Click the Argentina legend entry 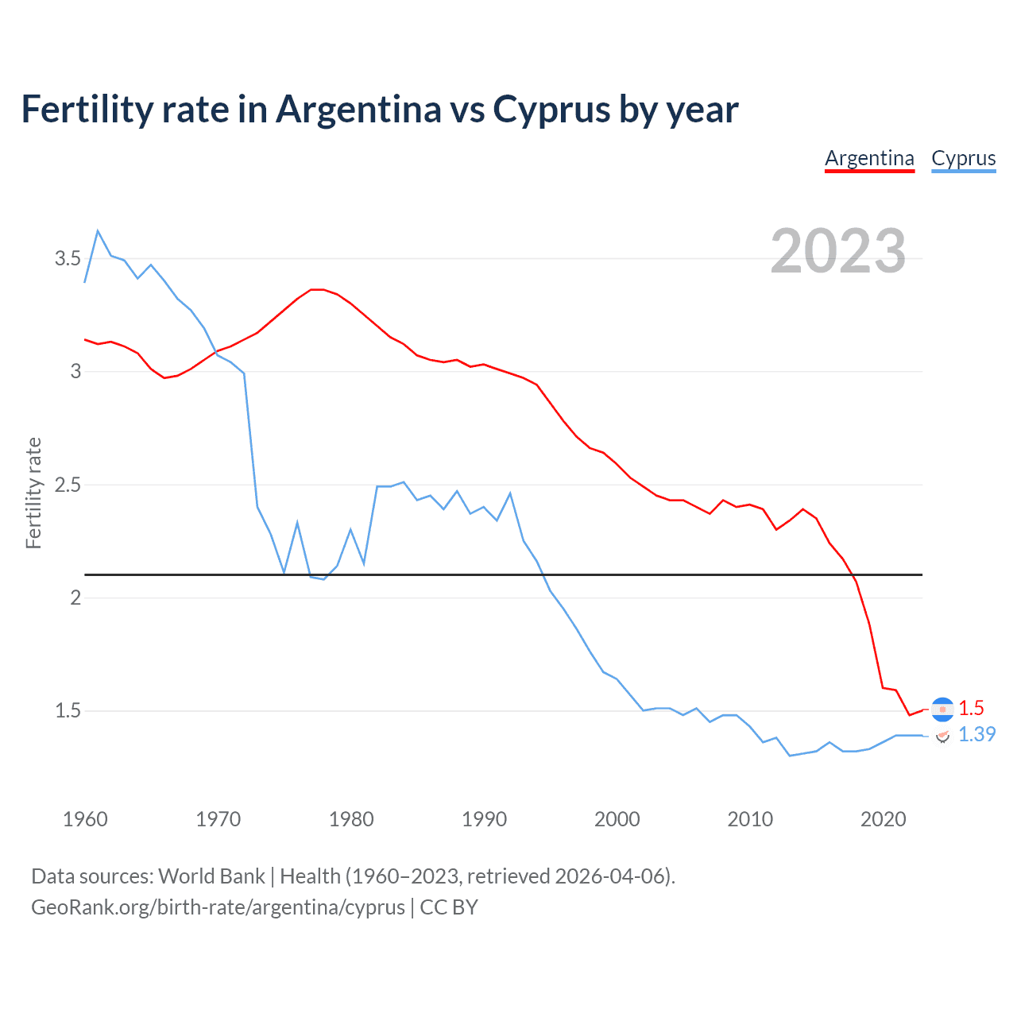[x=869, y=158]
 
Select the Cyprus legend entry [x=963, y=158]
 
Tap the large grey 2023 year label [x=838, y=251]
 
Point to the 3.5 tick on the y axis [x=68, y=258]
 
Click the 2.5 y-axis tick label [x=68, y=485]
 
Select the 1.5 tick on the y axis [x=68, y=710]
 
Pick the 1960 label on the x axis [x=85, y=819]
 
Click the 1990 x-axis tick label [x=484, y=819]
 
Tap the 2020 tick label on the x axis [x=883, y=819]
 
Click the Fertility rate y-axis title [x=33, y=493]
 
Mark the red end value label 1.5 [x=971, y=708]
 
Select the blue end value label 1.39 [x=976, y=735]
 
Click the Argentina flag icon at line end [x=942, y=709]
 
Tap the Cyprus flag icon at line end [x=942, y=736]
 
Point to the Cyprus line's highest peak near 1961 [x=98, y=231]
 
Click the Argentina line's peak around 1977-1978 [x=317, y=289]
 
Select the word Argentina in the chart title [x=358, y=110]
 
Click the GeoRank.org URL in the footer [x=218, y=907]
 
